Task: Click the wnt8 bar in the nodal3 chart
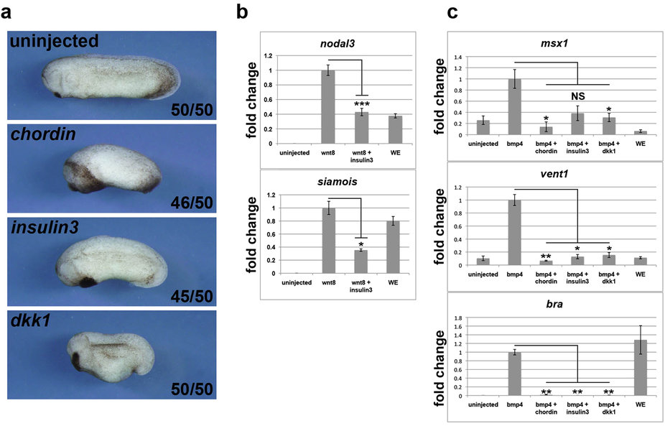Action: pyautogui.click(x=327, y=107)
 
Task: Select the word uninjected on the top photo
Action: pyautogui.click(x=64, y=42)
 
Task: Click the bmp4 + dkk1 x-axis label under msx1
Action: pyautogui.click(x=608, y=152)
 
